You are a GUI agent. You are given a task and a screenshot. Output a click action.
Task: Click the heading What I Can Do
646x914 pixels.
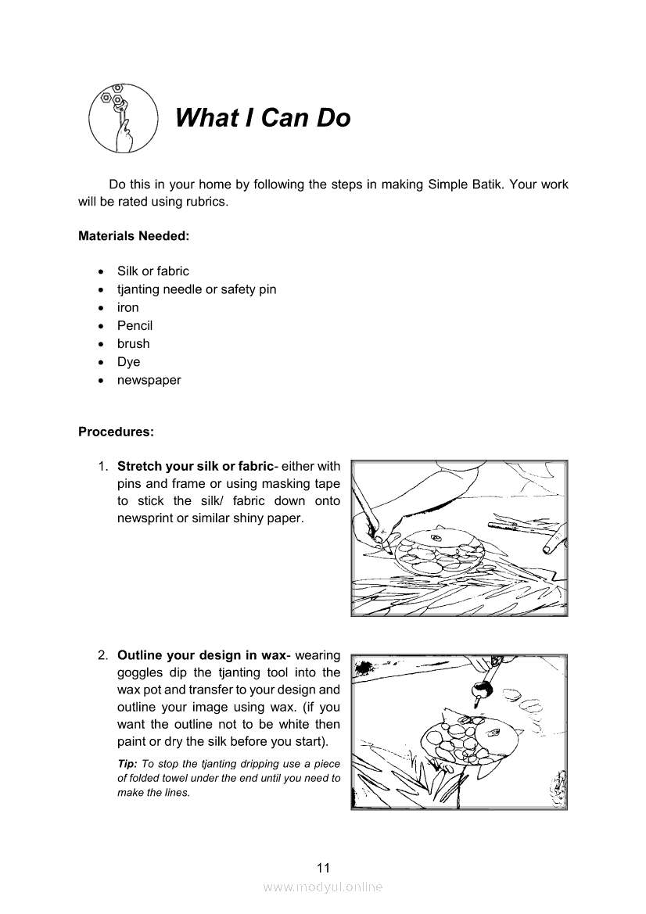263,118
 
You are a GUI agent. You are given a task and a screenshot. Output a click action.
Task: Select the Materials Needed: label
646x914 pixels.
134,235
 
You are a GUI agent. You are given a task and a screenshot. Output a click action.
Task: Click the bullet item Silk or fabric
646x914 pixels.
153,271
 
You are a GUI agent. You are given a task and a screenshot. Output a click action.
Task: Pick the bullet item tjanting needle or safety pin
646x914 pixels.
196,289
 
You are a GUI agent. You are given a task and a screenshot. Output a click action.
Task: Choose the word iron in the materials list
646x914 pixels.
128,307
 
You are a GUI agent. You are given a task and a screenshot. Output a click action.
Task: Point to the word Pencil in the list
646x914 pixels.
135,325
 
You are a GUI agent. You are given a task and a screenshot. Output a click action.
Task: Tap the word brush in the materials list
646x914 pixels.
133,343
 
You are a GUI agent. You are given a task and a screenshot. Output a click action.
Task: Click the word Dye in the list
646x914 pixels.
128,362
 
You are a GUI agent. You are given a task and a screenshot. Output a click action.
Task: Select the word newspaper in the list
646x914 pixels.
149,380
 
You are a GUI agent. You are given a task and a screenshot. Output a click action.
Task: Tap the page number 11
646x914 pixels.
323,867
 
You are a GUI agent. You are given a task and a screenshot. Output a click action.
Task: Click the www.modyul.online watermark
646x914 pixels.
323,887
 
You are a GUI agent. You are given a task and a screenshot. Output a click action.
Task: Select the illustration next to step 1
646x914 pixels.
459,538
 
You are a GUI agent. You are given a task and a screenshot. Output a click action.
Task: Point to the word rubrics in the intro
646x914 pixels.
205,202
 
